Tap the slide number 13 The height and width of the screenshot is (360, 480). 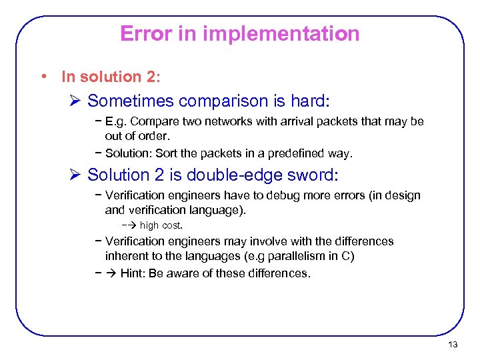[453, 345]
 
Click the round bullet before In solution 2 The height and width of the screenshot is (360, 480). [43, 77]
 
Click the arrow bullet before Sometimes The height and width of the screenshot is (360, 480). [75, 101]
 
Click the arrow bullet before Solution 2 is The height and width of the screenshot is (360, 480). [75, 175]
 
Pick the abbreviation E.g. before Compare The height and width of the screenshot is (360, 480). [117, 121]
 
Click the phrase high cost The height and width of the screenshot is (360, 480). [161, 225]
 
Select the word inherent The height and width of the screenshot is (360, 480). [127, 255]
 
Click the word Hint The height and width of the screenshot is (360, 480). [133, 273]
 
